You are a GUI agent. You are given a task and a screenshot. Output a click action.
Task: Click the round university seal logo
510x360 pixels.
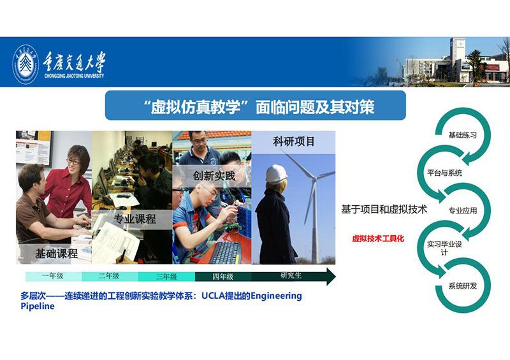(x=25, y=64)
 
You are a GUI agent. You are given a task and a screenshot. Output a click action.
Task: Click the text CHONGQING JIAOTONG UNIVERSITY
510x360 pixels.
(x=74, y=76)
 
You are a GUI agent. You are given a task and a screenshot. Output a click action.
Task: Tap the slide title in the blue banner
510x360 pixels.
(x=259, y=106)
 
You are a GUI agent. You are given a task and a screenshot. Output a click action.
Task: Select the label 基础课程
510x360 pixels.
(x=56, y=254)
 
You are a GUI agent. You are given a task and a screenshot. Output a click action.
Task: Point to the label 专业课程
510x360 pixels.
(x=135, y=219)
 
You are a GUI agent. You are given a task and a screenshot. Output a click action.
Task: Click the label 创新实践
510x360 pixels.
(x=214, y=176)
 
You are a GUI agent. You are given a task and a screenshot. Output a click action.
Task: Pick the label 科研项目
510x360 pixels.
(x=293, y=141)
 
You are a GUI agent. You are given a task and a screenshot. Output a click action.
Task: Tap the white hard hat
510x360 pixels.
(x=276, y=175)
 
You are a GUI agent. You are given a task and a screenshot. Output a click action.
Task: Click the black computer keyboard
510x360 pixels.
(x=226, y=252)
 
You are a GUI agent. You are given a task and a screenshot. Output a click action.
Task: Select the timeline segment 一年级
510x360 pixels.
(x=54, y=277)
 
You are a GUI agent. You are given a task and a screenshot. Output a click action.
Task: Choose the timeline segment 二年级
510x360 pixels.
(x=110, y=277)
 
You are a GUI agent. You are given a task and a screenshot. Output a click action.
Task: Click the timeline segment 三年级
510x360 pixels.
(x=166, y=277)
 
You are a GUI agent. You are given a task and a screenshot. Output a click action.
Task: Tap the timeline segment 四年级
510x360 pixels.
(x=222, y=277)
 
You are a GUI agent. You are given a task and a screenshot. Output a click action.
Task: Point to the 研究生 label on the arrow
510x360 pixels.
(x=291, y=275)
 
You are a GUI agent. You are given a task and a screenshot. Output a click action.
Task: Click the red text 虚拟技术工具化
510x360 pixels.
(x=378, y=238)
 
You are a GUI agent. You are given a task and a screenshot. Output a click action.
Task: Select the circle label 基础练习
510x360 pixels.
(x=463, y=135)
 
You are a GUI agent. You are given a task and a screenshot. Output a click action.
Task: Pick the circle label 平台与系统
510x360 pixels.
(x=444, y=173)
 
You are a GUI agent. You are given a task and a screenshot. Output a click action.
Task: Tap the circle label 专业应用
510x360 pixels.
(x=463, y=210)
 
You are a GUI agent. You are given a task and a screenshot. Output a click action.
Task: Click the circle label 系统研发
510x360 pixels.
(x=463, y=286)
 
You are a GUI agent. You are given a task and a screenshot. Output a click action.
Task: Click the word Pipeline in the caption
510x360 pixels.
(x=38, y=306)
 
